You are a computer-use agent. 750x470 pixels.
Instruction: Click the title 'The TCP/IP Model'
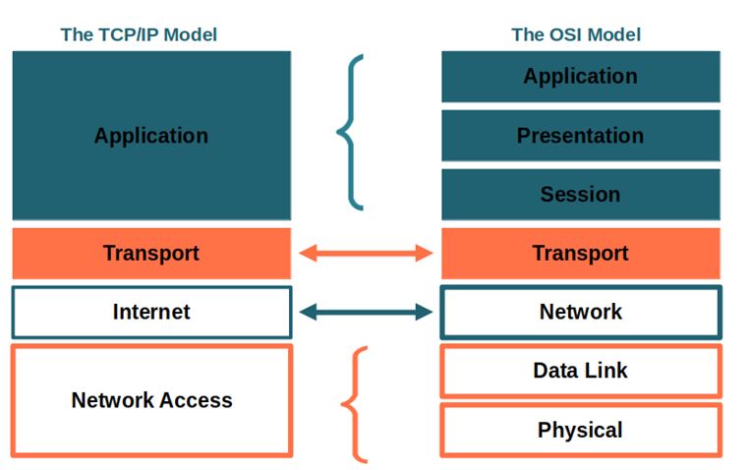pos(139,34)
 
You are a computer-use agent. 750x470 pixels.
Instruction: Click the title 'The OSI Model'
pos(576,34)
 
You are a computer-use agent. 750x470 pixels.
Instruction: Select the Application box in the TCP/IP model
pos(151,136)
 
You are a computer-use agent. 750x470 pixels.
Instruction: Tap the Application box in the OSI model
pos(580,77)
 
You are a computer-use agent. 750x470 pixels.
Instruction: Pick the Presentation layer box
pos(580,136)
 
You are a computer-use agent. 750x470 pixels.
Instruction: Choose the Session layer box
pos(580,195)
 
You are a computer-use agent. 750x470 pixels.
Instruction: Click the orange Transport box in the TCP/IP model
pos(151,254)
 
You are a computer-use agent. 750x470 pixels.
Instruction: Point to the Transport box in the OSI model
pos(580,254)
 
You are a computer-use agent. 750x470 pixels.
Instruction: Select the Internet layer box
pos(151,313)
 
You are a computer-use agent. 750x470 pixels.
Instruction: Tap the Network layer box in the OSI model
pos(580,313)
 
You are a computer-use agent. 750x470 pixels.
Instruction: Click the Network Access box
pos(151,400)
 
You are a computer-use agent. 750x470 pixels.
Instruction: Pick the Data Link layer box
pos(580,371)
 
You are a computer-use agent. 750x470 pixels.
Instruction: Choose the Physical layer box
pos(580,430)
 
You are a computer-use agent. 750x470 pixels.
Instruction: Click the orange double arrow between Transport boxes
pos(366,254)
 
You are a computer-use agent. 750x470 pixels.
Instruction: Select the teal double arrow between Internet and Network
pos(366,313)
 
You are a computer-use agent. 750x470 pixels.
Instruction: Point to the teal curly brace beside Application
pos(350,132)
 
